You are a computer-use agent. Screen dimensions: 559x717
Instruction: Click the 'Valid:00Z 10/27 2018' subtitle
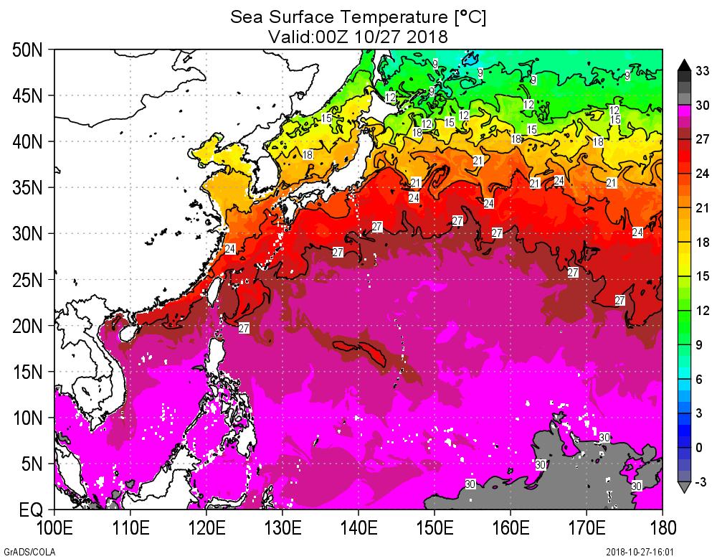click(x=358, y=35)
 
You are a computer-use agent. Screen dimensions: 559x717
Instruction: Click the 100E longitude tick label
click(x=54, y=529)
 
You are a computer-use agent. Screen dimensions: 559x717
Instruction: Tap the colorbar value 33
click(x=703, y=70)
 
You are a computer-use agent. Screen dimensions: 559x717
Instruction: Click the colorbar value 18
click(x=703, y=243)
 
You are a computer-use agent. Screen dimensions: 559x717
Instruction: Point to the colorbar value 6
click(x=703, y=379)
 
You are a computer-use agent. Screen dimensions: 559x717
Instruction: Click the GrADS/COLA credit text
click(x=22, y=552)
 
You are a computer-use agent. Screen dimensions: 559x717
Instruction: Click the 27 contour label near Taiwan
click(x=244, y=328)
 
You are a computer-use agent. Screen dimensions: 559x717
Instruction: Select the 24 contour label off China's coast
click(x=229, y=249)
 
